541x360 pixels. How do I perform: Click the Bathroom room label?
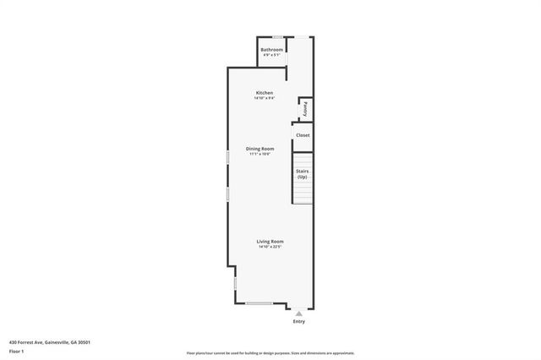tap(271, 50)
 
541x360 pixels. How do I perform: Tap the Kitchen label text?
tap(265, 92)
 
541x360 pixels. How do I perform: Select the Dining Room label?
tap(260, 149)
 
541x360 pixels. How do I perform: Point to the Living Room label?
tap(270, 242)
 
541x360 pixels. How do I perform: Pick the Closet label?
tap(303, 135)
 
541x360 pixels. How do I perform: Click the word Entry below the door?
tap(298, 321)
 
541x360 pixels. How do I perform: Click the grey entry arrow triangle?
tap(298, 311)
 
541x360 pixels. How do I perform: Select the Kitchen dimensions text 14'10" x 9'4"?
tap(265, 98)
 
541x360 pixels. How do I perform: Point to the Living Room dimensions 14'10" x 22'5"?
tap(270, 248)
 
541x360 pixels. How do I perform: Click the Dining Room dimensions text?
tap(260, 155)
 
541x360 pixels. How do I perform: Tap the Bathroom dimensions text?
tap(271, 56)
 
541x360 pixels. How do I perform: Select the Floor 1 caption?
tap(17, 351)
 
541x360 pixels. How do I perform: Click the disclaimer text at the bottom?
tap(270, 353)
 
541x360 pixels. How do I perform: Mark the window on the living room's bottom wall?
tap(259, 303)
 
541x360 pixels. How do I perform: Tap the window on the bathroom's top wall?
tap(277, 36)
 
